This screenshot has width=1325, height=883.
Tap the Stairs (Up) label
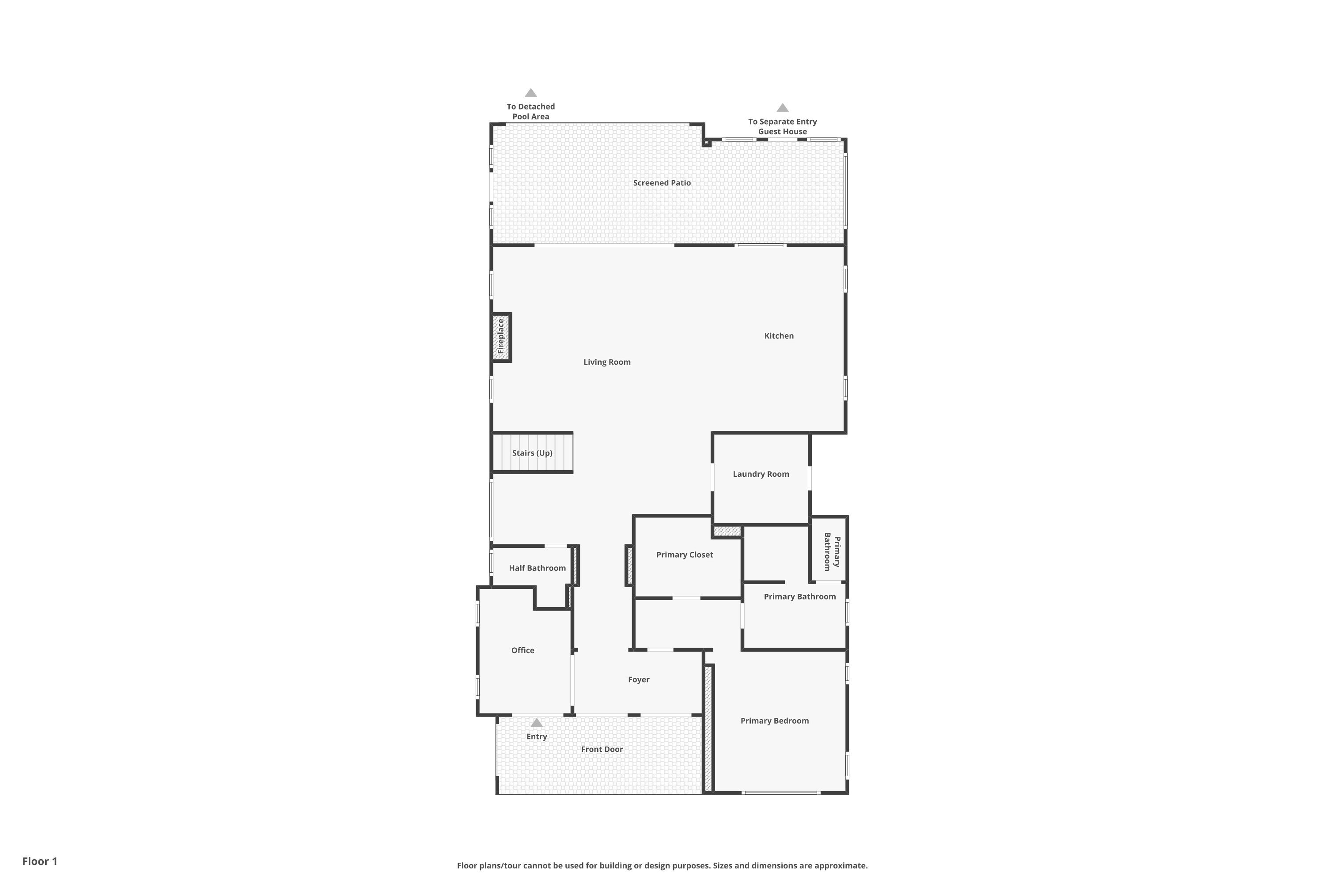pyautogui.click(x=532, y=453)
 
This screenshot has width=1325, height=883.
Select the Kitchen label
pyautogui.click(x=779, y=336)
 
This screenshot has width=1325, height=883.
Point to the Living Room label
pyautogui.click(x=607, y=362)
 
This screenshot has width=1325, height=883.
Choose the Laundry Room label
pyautogui.click(x=761, y=474)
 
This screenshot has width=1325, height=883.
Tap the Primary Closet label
pyautogui.click(x=685, y=555)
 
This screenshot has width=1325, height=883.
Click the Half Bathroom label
pyautogui.click(x=537, y=568)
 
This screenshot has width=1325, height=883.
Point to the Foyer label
pyautogui.click(x=638, y=680)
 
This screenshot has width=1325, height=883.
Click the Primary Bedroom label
pyautogui.click(x=774, y=721)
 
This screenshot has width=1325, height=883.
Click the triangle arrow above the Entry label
pyautogui.click(x=536, y=723)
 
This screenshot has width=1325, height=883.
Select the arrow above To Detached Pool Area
pyautogui.click(x=531, y=93)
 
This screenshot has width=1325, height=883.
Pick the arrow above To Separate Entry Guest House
pyautogui.click(x=783, y=108)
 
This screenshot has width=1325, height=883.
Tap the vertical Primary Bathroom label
pyautogui.click(x=832, y=552)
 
